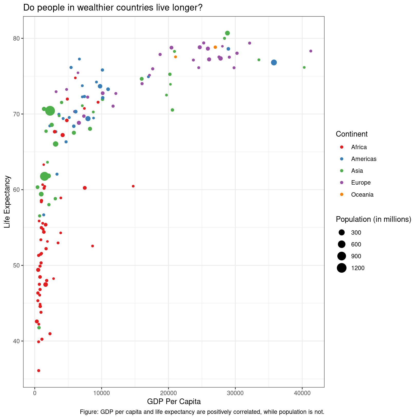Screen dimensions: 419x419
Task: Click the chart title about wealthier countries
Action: click(x=113, y=8)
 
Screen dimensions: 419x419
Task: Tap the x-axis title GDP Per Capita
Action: click(x=174, y=402)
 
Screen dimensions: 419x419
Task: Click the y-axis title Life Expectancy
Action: click(x=7, y=202)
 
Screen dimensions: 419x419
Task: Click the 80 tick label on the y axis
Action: click(x=16, y=39)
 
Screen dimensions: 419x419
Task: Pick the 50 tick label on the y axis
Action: click(x=16, y=265)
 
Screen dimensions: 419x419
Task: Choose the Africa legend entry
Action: click(x=359, y=147)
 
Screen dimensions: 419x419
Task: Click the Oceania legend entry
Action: click(x=362, y=195)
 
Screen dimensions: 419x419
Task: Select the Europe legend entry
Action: click(x=361, y=183)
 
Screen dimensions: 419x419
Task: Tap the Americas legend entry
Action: click(x=364, y=159)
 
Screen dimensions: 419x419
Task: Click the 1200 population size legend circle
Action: click(x=342, y=268)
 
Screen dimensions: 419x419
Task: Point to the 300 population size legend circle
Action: click(x=342, y=233)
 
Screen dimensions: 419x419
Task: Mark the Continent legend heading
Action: click(x=351, y=134)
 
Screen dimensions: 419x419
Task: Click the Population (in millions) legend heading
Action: click(x=373, y=219)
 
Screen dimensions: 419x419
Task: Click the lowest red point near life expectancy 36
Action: click(x=39, y=370)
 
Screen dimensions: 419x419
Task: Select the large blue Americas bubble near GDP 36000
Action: click(x=274, y=62)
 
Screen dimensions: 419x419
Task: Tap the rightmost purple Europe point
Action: click(x=311, y=51)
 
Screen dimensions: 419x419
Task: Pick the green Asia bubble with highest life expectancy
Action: click(x=227, y=33)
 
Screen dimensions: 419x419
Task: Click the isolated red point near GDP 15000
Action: click(x=133, y=186)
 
